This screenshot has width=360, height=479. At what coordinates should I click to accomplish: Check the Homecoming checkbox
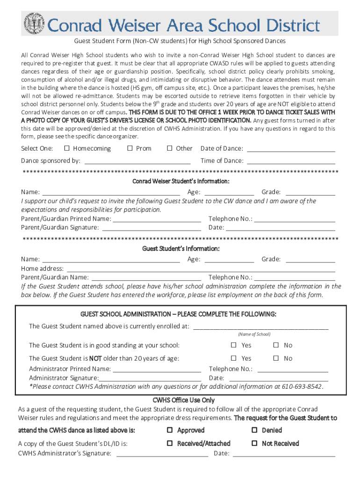(67, 148)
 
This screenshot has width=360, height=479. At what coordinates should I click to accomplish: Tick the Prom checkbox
(130, 148)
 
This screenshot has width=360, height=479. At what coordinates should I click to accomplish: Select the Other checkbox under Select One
(170, 148)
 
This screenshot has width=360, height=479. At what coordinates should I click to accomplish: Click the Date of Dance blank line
(291, 149)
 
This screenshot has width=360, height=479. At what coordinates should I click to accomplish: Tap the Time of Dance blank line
(291, 161)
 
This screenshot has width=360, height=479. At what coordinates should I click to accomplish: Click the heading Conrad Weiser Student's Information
(180, 181)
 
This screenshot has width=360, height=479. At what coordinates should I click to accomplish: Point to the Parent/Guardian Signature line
(151, 228)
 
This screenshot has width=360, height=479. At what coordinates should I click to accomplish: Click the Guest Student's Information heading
(180, 248)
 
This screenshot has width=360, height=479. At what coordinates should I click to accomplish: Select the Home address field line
(201, 269)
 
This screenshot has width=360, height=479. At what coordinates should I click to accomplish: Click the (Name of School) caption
(254, 334)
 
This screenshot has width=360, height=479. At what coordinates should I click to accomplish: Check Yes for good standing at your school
(234, 345)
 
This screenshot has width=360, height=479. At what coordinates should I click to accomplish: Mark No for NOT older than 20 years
(276, 358)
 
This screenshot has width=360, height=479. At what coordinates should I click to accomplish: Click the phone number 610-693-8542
(303, 387)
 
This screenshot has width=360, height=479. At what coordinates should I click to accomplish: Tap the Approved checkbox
(170, 430)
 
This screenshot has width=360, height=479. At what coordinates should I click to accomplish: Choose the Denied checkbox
(255, 430)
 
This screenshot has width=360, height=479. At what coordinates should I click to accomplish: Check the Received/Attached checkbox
(170, 443)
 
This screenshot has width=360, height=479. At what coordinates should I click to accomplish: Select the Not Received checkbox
(255, 443)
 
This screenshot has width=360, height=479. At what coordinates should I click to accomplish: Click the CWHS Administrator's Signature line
(162, 454)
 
